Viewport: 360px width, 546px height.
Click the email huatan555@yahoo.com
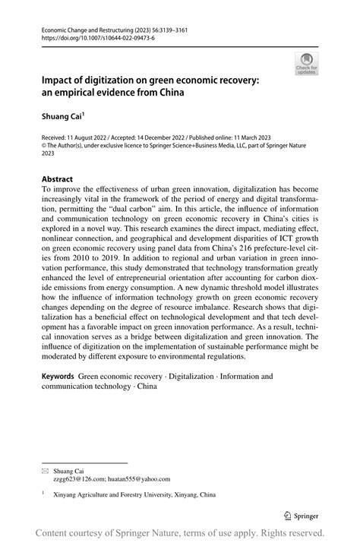[141, 479]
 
